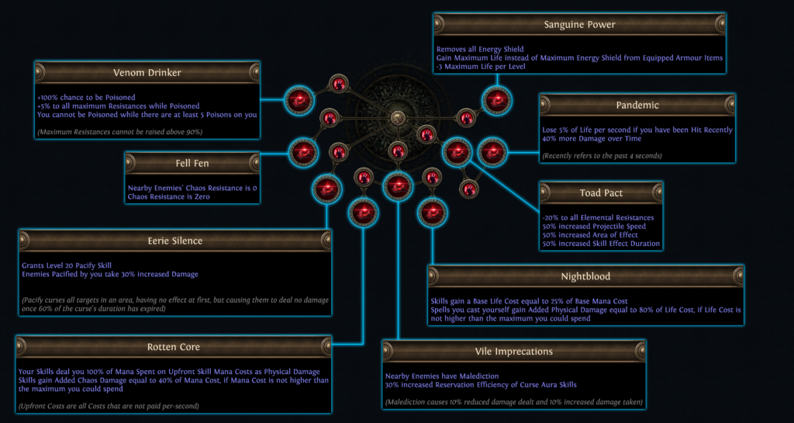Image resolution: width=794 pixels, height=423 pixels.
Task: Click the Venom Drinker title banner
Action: pyautogui.click(x=147, y=73)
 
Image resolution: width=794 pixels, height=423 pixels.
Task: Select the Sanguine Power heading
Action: pyautogui.click(x=579, y=24)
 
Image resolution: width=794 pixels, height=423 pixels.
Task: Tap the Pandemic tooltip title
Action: pyautogui.click(x=637, y=105)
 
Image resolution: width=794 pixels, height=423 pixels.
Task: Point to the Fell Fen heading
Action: pyautogui.click(x=191, y=163)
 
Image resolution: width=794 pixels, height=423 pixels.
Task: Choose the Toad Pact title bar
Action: pyautogui.click(x=601, y=192)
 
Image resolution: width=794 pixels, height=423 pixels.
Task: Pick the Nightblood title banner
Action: pyautogui.click(x=585, y=276)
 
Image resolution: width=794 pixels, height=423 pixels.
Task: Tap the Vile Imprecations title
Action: pyautogui.click(x=513, y=352)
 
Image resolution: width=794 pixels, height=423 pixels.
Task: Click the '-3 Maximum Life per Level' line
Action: pyautogui.click(x=478, y=66)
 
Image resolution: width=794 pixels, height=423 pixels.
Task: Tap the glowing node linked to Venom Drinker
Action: pyautogui.click(x=298, y=99)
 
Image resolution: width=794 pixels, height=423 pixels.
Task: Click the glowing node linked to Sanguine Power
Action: pyautogui.click(x=495, y=99)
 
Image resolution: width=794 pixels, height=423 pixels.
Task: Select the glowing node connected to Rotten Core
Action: pyautogui.click(x=362, y=211)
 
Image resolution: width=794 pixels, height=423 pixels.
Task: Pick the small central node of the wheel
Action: pyautogui.click(x=398, y=117)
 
